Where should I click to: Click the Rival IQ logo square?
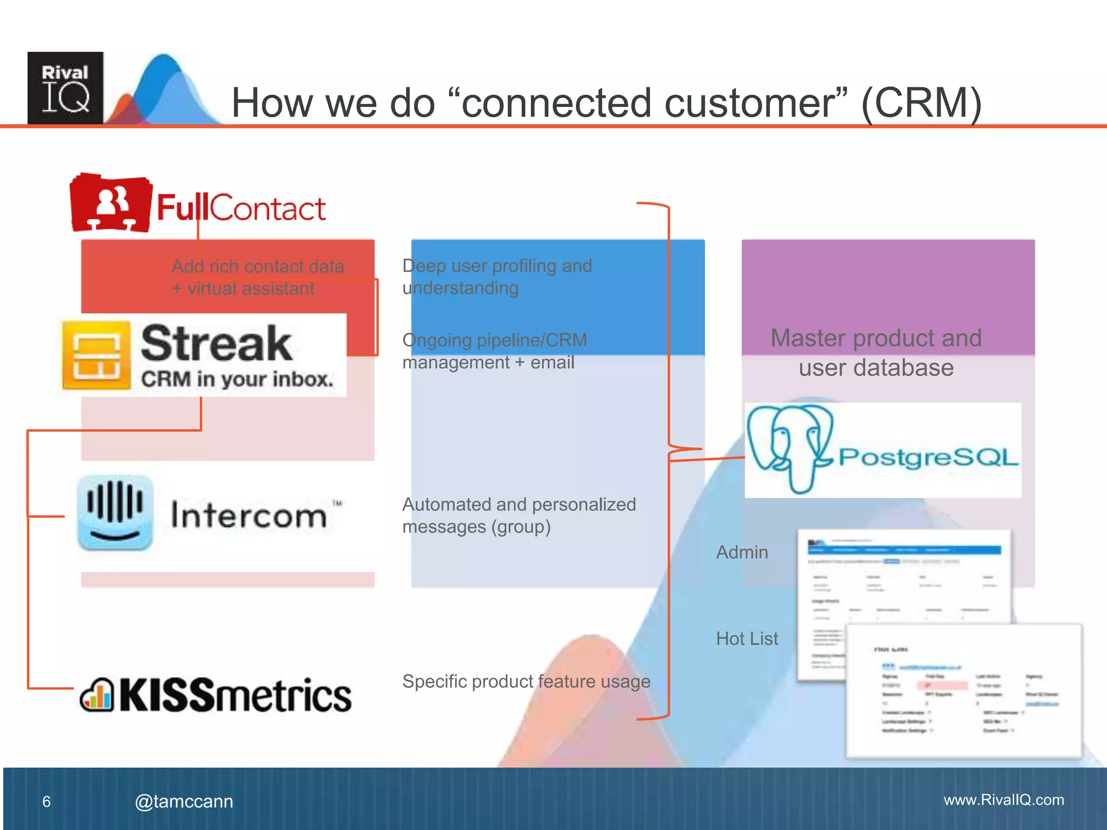(65, 88)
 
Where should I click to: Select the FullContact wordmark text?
(241, 208)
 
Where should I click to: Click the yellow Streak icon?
(97, 355)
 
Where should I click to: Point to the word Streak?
(216, 344)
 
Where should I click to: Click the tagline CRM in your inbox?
(237, 379)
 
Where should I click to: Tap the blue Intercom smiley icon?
(115, 513)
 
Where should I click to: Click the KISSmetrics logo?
(216, 695)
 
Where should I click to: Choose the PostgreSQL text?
(928, 457)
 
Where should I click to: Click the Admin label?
(742, 552)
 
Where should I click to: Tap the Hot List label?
(746, 639)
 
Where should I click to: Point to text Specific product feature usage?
(526, 681)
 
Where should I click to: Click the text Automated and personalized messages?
(518, 516)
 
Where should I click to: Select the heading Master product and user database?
(876, 353)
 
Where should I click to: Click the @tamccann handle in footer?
(184, 801)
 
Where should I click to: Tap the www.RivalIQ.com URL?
(1003, 800)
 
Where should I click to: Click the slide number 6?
(46, 802)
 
